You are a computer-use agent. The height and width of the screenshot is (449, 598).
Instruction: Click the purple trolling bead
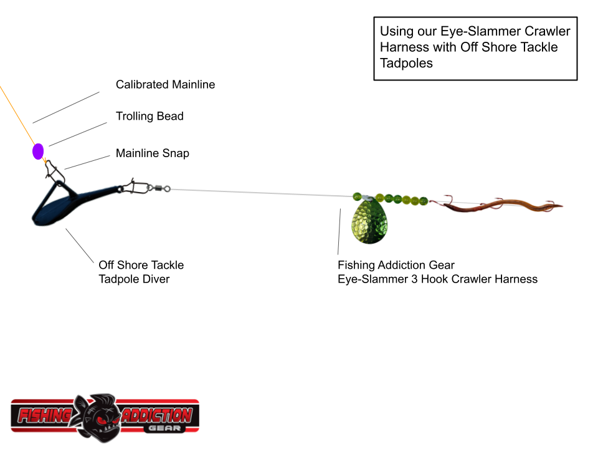(38, 151)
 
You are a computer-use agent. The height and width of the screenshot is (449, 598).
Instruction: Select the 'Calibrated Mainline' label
(165, 84)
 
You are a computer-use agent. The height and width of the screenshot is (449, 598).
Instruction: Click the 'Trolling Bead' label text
(149, 116)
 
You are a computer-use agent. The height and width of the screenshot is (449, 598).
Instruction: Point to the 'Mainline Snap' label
(152, 153)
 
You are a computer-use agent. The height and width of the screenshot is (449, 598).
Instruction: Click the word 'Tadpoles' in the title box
(406, 63)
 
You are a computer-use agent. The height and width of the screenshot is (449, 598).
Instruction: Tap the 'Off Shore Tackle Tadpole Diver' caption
(141, 272)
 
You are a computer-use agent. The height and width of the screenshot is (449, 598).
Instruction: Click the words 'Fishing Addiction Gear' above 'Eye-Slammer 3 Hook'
(396, 265)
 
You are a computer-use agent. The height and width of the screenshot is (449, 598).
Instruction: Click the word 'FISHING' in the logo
(44, 415)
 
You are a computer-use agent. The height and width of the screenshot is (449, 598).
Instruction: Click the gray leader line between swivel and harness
(262, 193)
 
